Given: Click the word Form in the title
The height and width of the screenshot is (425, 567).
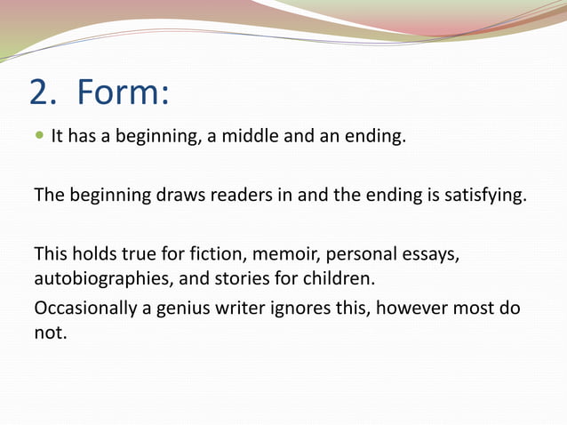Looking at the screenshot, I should coord(119,92).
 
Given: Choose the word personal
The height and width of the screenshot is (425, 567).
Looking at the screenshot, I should coord(361,253).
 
